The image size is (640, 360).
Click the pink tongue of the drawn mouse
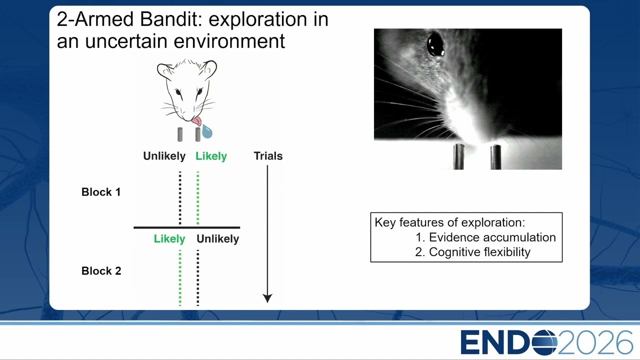(x=196, y=121)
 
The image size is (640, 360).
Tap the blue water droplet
(x=207, y=131)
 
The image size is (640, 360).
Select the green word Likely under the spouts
(x=211, y=156)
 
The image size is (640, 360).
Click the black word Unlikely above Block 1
(x=164, y=156)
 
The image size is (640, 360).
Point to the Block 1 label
(x=101, y=192)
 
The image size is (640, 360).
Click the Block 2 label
(x=101, y=271)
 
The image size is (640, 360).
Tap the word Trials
(x=268, y=156)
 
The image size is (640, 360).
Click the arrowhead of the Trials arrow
(x=267, y=298)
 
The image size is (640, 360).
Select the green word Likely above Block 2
(x=169, y=239)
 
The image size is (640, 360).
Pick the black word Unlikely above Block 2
(x=217, y=239)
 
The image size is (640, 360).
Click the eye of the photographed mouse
(x=435, y=44)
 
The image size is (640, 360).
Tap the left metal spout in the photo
(x=458, y=156)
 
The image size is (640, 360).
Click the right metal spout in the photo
(x=495, y=157)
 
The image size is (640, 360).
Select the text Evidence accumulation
(x=492, y=237)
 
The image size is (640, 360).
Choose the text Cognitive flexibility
(x=479, y=252)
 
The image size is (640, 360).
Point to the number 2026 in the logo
(x=595, y=342)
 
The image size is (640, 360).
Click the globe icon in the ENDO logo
(x=544, y=342)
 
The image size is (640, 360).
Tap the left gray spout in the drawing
(x=179, y=134)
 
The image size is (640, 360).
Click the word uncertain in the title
(x=125, y=41)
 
